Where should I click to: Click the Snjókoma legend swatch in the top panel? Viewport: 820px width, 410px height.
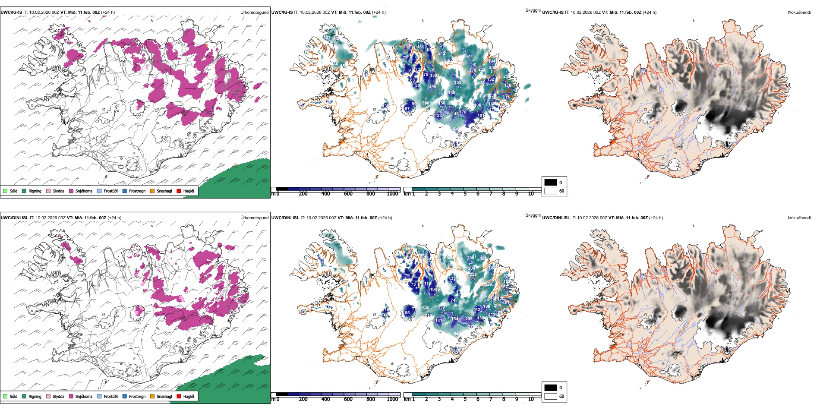point(71,191)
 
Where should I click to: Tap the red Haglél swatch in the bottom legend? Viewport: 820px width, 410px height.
point(179,396)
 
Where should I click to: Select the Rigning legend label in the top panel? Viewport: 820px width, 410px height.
point(35,191)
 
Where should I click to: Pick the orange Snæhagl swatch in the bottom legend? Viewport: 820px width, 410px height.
point(152,396)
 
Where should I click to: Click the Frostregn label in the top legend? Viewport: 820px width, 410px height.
point(137,191)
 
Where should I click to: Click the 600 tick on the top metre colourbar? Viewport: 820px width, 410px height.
point(348,194)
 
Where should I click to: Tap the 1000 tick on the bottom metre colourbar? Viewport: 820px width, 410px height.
point(392,399)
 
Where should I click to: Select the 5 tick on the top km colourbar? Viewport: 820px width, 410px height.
point(465,194)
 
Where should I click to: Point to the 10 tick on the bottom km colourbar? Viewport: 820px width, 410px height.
point(531,399)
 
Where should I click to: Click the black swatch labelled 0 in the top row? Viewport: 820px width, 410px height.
point(551,183)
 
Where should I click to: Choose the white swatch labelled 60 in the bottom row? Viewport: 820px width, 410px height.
point(551,396)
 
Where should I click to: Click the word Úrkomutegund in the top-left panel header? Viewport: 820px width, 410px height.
point(254,13)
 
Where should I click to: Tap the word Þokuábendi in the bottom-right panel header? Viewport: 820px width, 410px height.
point(799,218)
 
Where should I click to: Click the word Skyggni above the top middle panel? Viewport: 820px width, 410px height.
point(533,10)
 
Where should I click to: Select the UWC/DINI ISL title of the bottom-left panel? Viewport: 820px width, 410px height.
point(14,218)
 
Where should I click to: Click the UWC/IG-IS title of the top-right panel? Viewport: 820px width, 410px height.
point(553,13)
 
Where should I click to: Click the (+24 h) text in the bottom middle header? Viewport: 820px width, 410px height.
point(385,218)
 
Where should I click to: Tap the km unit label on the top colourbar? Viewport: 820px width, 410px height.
point(407,194)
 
